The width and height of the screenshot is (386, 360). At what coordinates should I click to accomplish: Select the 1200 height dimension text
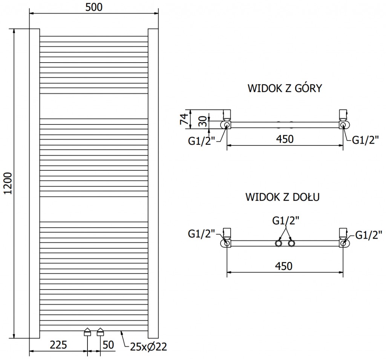coord(8,184)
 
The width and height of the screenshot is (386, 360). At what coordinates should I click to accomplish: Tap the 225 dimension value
coord(58,345)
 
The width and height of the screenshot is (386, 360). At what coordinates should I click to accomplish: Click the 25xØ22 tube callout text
coord(149,346)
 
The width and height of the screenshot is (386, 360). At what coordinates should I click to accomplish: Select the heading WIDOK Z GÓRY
coord(285,89)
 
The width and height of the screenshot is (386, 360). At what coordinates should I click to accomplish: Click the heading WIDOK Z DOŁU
coord(283,197)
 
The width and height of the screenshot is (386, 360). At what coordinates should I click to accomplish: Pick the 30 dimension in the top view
coord(202,121)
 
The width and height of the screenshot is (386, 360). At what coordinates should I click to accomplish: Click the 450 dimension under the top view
coord(285,139)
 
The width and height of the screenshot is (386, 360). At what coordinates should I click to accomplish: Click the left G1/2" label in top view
coord(202,141)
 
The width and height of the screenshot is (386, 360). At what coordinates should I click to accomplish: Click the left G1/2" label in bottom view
coord(201,234)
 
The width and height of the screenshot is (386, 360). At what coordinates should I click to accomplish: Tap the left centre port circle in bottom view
coord(278,243)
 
